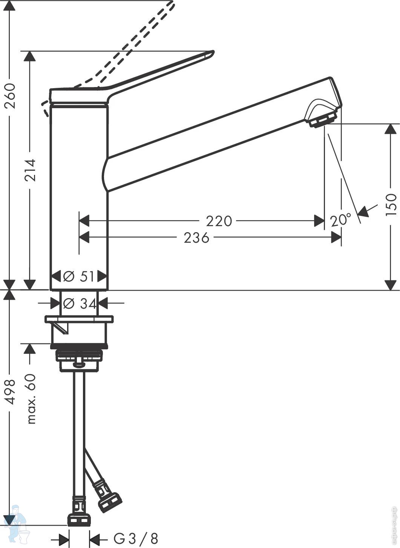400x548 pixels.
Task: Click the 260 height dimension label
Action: (11, 96)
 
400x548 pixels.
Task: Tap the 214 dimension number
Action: (30, 170)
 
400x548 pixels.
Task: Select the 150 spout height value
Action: (391, 204)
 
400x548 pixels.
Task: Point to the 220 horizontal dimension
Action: (219, 221)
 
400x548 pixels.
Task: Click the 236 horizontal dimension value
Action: (196, 237)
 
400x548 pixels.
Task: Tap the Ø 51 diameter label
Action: (78, 277)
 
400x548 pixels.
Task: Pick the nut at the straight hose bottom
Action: (79, 517)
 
